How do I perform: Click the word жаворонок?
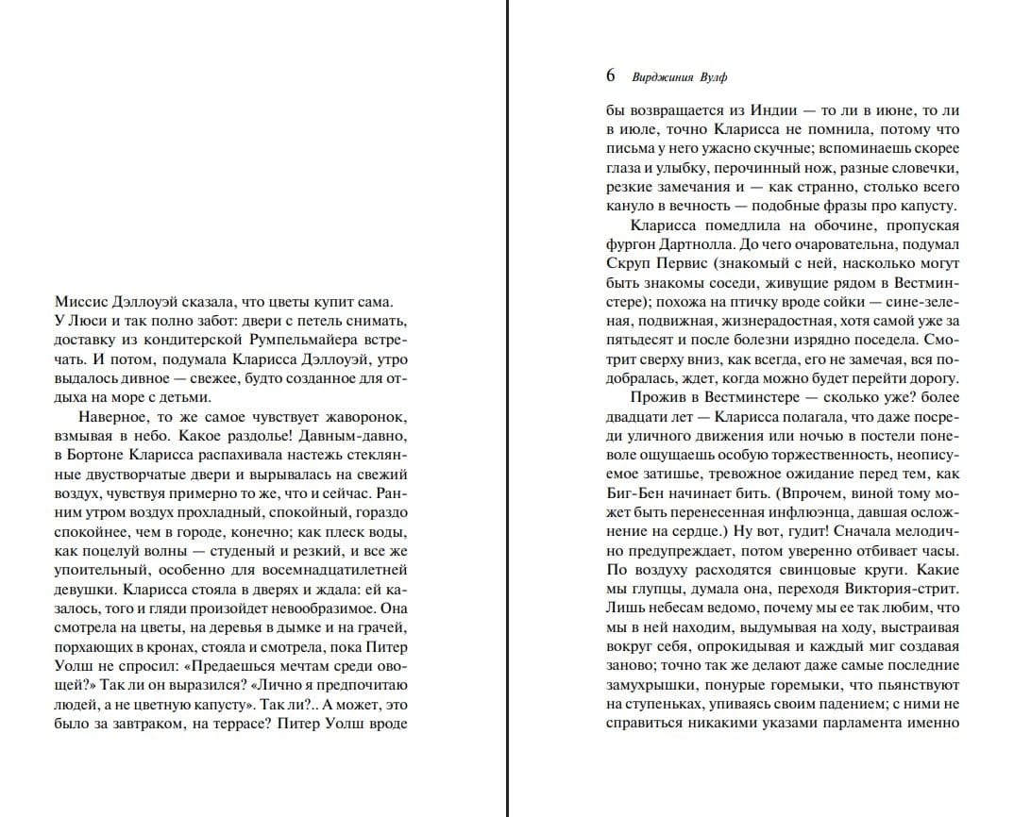[362, 416]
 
